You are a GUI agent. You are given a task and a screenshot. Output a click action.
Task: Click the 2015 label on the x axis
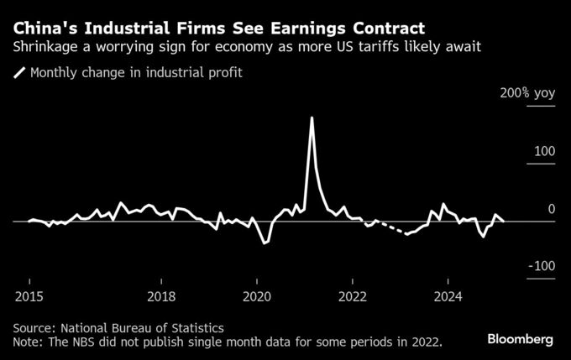[x=29, y=296]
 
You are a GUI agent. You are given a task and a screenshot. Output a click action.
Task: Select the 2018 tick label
[x=161, y=296]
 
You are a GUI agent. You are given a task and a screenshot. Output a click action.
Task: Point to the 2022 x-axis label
[x=353, y=296]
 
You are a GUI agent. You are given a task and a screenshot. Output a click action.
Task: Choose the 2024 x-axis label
[x=448, y=296]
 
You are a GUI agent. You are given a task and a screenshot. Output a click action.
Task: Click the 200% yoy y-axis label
[x=527, y=94]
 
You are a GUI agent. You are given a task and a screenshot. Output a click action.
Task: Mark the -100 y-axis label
[x=541, y=266]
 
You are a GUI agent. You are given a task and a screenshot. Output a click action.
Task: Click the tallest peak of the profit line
[x=312, y=117]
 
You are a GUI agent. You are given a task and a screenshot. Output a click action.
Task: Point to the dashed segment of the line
[x=393, y=227]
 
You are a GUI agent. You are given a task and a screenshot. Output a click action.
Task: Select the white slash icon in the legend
[x=19, y=73]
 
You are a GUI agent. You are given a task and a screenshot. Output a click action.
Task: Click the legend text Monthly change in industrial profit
[x=136, y=73]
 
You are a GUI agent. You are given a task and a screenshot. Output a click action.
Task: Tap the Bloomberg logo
[x=521, y=339]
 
